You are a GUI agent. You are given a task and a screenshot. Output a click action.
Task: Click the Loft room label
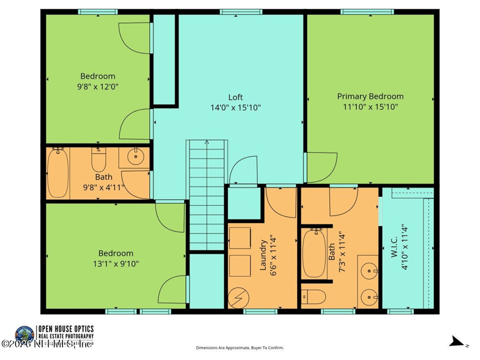point(236,97)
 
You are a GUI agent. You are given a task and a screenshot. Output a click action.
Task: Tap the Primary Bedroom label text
point(370,96)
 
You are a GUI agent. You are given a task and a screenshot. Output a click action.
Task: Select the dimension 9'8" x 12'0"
point(98,86)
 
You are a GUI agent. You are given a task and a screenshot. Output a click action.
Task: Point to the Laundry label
point(263,257)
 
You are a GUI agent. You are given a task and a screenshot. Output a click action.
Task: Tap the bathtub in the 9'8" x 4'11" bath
point(58,174)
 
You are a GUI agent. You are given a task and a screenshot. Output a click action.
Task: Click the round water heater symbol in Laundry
point(238,296)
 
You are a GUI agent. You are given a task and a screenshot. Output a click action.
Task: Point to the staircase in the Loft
point(207,195)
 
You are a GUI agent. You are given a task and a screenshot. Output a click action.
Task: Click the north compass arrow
point(459,343)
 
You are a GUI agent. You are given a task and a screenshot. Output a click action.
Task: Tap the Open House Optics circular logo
point(25,334)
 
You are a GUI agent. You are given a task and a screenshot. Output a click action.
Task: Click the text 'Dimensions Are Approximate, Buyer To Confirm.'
point(240,347)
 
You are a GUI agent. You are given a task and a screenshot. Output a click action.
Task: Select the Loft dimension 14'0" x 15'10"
point(236,107)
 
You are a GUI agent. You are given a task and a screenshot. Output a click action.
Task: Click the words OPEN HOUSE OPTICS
point(65,329)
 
